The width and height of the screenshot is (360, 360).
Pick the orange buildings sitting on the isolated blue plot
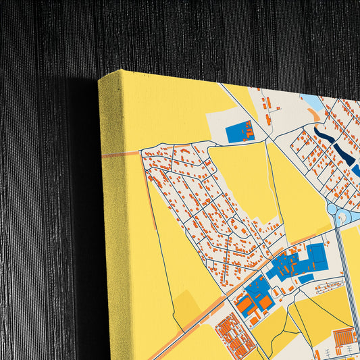pyautogui.click(x=248, y=130)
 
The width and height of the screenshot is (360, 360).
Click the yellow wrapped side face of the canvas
pyautogui.click(x=122, y=223)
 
